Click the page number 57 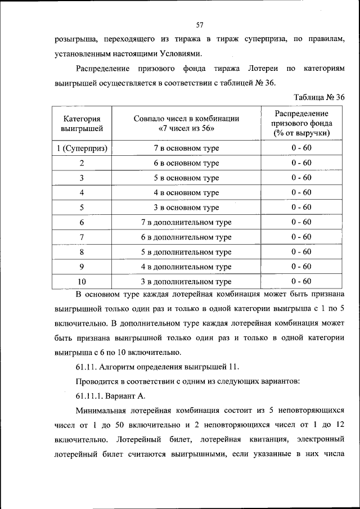click(199, 25)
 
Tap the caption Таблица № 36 click(318, 97)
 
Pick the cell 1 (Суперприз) click(82, 148)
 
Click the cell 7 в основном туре click(186, 148)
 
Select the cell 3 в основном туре click(186, 208)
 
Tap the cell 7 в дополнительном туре click(186, 222)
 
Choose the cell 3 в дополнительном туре click(186, 281)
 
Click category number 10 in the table click(82, 281)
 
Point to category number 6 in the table click(82, 222)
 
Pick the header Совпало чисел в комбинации click(186, 119)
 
